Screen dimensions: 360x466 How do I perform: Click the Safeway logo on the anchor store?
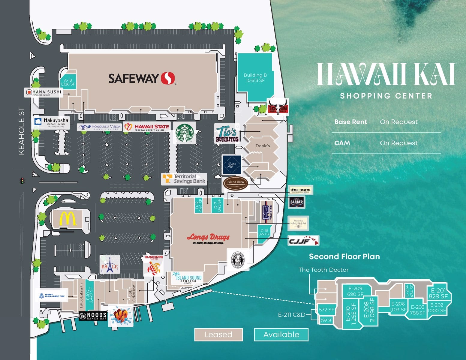141,78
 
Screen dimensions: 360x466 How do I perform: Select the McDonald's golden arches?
68,218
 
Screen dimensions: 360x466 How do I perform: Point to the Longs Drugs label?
208,238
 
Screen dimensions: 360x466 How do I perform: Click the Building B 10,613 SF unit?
255,77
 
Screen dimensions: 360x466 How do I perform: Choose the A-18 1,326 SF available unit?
68,82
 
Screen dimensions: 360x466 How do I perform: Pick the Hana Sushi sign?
44,92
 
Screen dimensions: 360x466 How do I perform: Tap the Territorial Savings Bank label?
184,179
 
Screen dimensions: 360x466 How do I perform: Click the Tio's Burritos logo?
227,134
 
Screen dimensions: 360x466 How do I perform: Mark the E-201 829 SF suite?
438,293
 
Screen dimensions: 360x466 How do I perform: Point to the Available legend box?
281,334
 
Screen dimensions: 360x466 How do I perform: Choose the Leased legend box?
218,334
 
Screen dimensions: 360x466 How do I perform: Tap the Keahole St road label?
21,131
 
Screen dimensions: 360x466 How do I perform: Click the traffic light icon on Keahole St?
22,181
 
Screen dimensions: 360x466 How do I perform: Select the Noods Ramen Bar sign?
93,316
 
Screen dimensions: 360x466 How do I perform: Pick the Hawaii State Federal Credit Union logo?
147,127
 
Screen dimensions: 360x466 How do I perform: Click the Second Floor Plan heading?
344,257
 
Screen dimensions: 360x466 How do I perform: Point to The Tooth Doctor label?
323,270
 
